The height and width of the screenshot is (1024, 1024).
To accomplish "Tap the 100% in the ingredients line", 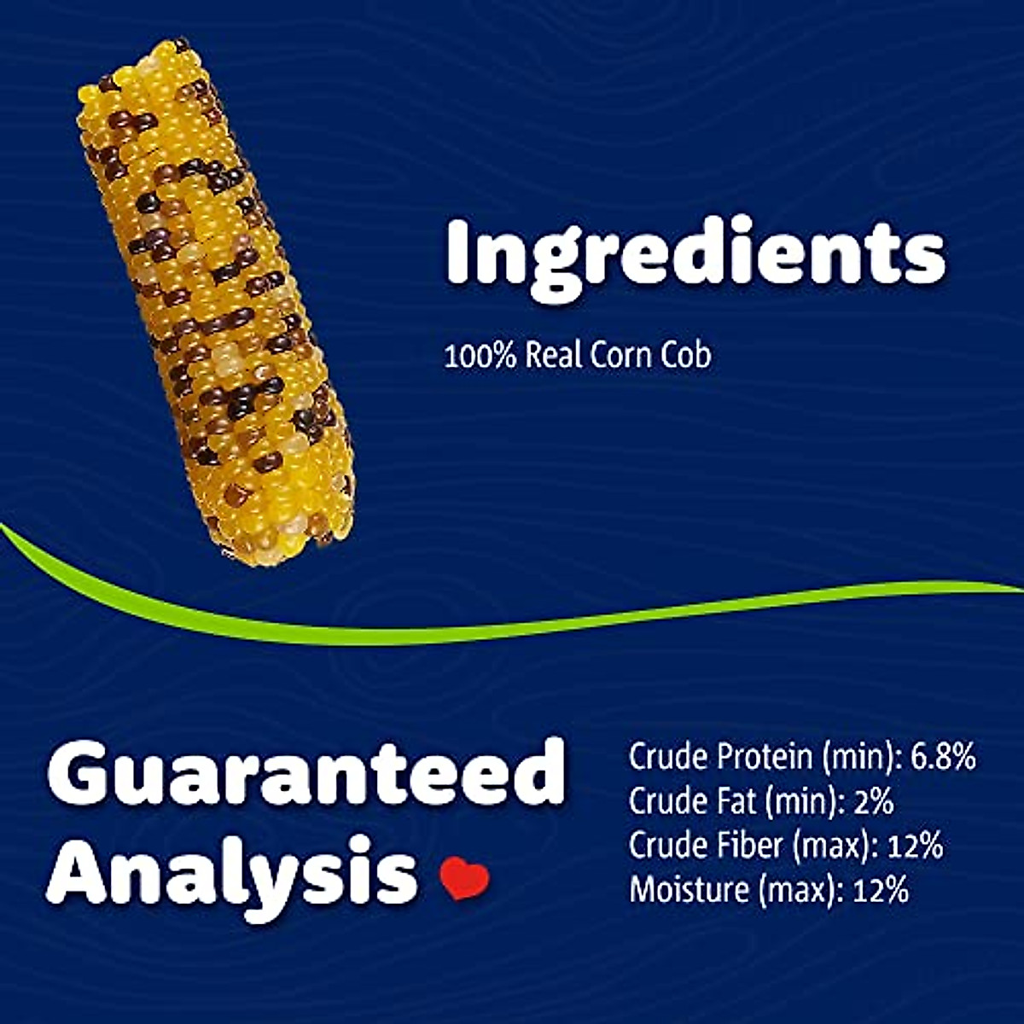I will [x=480, y=355].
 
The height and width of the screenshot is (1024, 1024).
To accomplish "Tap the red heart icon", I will [x=464, y=878].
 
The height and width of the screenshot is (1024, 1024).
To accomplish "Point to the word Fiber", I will [x=743, y=846].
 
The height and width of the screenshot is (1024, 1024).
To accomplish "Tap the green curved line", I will [x=512, y=630].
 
